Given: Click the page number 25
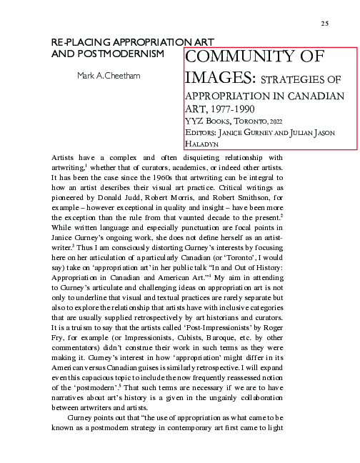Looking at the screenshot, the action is pos(324,24).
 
